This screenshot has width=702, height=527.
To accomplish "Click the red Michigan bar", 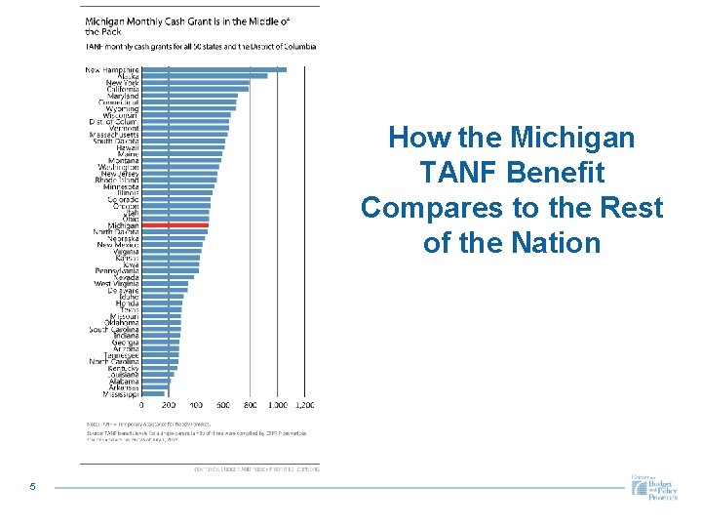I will click(x=175, y=225).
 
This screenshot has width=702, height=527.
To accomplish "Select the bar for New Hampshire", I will click(x=214, y=69).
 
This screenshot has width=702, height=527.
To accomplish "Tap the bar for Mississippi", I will click(x=153, y=394).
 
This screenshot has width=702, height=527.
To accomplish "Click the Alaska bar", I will click(x=204, y=76).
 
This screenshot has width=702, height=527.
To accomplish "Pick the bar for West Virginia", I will click(x=165, y=283).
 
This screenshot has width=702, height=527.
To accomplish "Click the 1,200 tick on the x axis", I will click(x=304, y=405).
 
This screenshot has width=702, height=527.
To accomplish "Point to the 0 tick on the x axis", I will click(x=141, y=405).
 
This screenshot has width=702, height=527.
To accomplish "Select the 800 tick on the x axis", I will click(x=251, y=405).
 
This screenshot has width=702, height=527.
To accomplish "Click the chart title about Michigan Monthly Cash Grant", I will click(x=201, y=25).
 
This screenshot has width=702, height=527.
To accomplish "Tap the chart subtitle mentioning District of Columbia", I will click(x=200, y=46).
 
